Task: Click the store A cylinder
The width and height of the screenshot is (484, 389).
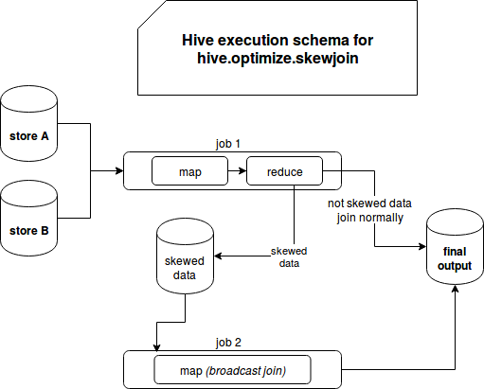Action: click(29, 123)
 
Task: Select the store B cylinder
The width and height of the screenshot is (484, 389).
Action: click(29, 218)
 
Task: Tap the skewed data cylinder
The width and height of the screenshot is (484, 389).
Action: click(186, 256)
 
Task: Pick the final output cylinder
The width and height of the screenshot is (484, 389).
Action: click(455, 246)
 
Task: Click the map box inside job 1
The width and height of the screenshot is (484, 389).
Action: click(189, 170)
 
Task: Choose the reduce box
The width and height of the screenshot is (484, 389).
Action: click(284, 170)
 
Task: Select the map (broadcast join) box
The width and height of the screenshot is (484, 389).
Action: click(232, 370)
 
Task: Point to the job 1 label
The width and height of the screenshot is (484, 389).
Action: click(228, 144)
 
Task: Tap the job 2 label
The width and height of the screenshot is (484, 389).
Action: click(228, 343)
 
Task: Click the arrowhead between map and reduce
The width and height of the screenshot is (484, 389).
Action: click(242, 170)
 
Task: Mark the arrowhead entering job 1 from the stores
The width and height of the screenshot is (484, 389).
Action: click(119, 170)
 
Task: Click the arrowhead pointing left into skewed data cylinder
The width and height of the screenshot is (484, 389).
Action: click(218, 256)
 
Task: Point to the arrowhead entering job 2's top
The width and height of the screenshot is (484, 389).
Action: click(156, 347)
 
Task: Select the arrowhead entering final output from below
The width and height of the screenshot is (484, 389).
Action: click(455, 289)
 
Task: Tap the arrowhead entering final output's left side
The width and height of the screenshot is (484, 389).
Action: click(422, 246)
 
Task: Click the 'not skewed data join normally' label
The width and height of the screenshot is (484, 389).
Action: click(369, 210)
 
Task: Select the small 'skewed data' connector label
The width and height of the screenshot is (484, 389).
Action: click(289, 257)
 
